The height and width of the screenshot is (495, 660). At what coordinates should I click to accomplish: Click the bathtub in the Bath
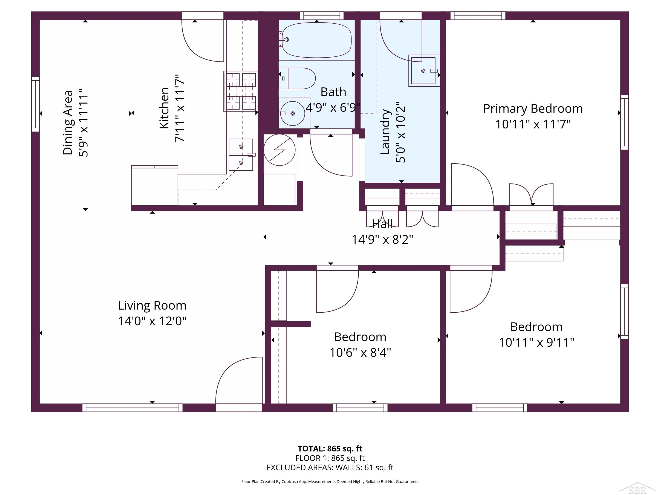(x=317, y=40)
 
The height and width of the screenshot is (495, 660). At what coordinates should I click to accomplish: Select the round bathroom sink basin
(x=292, y=113)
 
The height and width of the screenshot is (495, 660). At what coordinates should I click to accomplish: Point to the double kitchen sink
(x=241, y=154)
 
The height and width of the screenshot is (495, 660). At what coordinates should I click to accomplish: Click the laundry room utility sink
(x=424, y=71)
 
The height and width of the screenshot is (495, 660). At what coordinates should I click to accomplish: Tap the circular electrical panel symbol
(x=280, y=150)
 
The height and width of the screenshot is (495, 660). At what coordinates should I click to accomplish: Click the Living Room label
(x=152, y=305)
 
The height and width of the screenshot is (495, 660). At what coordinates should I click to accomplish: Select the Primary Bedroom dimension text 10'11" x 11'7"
(x=533, y=124)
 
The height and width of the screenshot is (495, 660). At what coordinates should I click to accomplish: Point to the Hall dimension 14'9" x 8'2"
(x=382, y=239)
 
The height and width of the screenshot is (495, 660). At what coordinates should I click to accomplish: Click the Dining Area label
(x=68, y=123)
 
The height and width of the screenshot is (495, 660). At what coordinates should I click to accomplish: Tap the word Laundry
(x=385, y=132)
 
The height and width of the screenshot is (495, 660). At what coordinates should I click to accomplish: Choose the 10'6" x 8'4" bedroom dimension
(x=360, y=353)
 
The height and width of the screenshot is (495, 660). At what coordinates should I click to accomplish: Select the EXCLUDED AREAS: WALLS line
(x=330, y=467)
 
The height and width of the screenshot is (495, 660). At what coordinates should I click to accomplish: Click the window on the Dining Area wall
(x=35, y=104)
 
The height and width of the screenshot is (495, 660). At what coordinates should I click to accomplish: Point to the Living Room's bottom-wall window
(x=133, y=408)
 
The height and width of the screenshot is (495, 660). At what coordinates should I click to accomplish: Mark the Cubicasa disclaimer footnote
(x=330, y=481)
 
